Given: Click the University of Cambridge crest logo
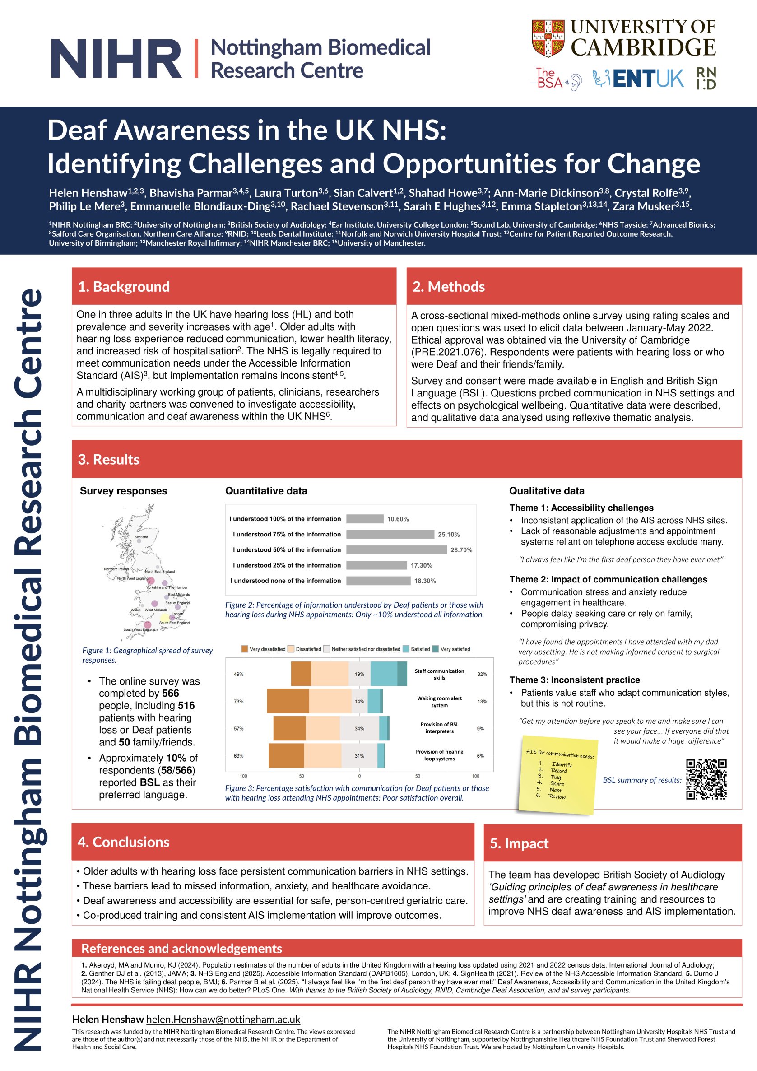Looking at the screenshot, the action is [548, 38].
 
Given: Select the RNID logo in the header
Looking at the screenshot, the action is [706, 79].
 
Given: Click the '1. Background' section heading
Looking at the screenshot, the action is [124, 286].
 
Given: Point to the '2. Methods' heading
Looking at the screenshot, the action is [448, 286].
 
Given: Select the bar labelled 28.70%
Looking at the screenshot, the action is [396, 549].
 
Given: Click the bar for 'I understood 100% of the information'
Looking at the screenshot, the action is [365, 519].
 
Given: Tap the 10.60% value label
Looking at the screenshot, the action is [398, 519].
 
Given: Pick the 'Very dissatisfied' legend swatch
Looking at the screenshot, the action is [244, 649].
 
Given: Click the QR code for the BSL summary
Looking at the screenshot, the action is [706, 779].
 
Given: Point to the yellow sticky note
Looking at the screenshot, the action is [558, 774].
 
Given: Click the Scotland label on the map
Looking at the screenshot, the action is [141, 537].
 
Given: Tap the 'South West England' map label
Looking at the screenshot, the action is [139, 630].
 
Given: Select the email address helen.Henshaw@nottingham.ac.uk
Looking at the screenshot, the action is [223, 1020].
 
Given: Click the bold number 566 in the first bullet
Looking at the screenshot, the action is [171, 693].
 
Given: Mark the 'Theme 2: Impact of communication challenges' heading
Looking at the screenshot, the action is [608, 579].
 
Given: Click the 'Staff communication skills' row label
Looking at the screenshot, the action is [439, 674].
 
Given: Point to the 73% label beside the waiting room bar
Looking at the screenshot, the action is [238, 702].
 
